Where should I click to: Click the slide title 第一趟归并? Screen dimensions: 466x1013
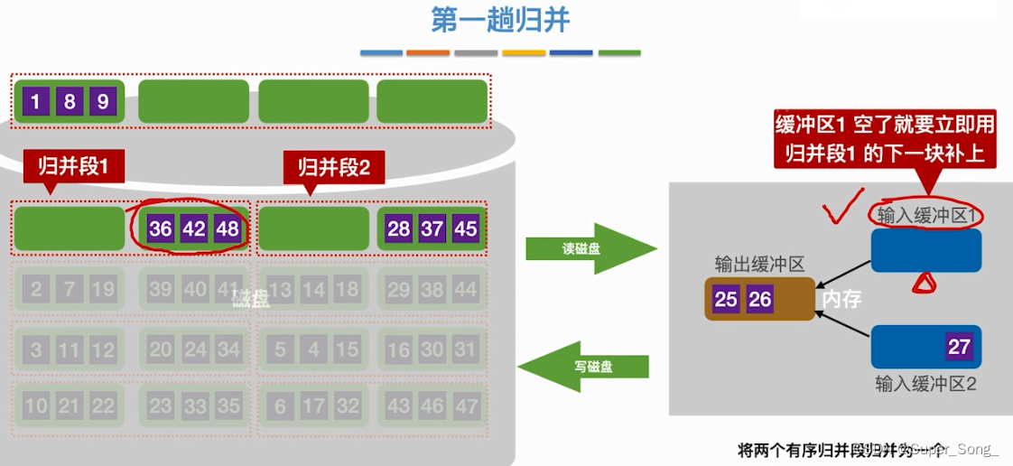click(x=500, y=20)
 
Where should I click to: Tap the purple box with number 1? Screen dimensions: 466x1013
click(x=35, y=101)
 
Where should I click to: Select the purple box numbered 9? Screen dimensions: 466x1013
click(x=102, y=101)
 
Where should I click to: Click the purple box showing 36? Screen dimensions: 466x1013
click(x=161, y=228)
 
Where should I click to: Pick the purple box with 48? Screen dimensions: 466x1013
click(x=228, y=228)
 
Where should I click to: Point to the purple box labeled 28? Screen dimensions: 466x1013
click(x=398, y=228)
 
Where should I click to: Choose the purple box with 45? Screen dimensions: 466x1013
click(x=465, y=228)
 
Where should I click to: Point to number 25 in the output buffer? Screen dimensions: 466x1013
click(x=726, y=299)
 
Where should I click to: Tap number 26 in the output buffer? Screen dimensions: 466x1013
click(x=760, y=299)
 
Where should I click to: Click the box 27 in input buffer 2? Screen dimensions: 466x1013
click(x=959, y=347)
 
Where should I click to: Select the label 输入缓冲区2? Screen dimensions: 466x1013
click(x=925, y=384)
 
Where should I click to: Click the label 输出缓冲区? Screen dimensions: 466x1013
click(x=759, y=264)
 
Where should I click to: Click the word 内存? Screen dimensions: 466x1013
click(x=841, y=300)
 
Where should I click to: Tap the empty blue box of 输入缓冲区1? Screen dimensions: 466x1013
click(x=925, y=250)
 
